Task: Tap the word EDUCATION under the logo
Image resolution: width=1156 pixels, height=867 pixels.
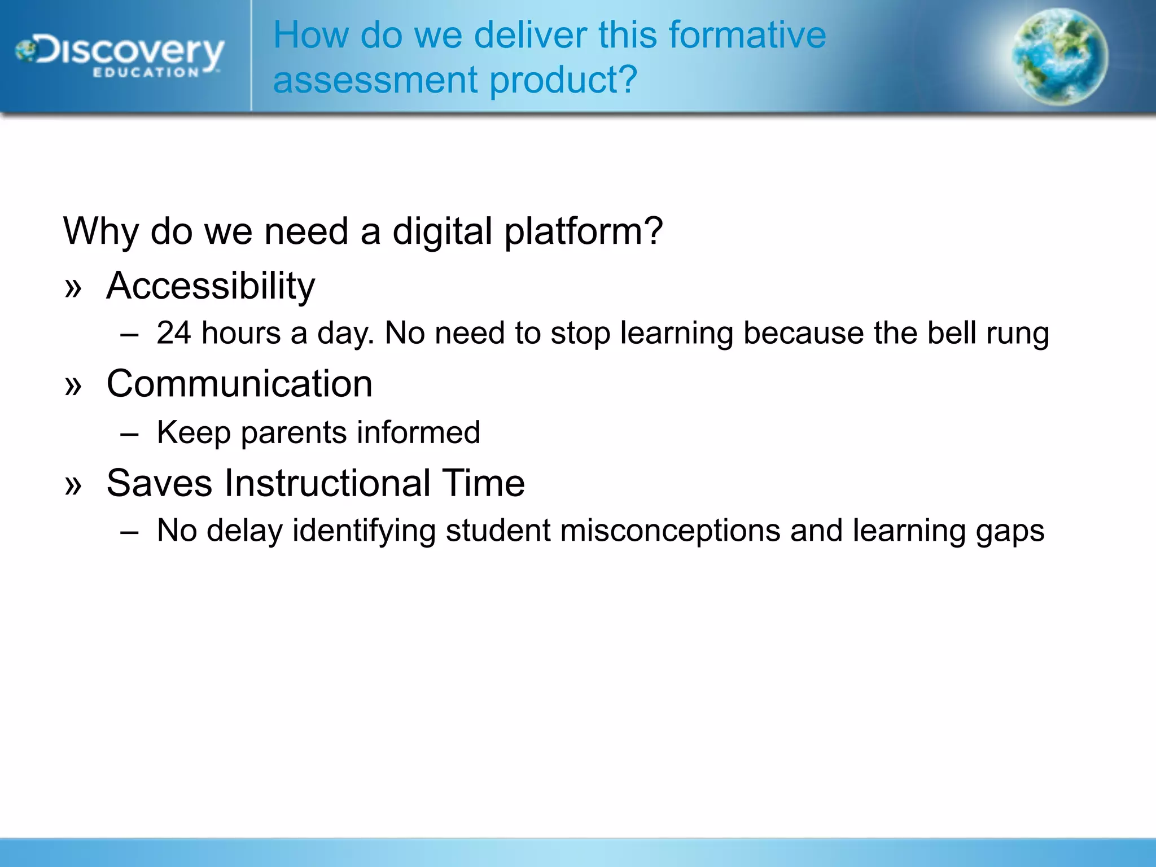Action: pyautogui.click(x=146, y=73)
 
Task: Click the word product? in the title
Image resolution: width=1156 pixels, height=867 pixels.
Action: pyautogui.click(x=563, y=80)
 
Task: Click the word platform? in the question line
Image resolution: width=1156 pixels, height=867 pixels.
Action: pyautogui.click(x=583, y=231)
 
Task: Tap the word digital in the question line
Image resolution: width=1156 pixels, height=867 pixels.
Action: pyautogui.click(x=442, y=231)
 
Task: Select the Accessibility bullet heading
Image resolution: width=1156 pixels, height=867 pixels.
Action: pyautogui.click(x=211, y=286)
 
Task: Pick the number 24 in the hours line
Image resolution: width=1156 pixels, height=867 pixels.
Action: pyautogui.click(x=174, y=333)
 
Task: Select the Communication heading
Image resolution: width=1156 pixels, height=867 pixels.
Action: pyautogui.click(x=239, y=384)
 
